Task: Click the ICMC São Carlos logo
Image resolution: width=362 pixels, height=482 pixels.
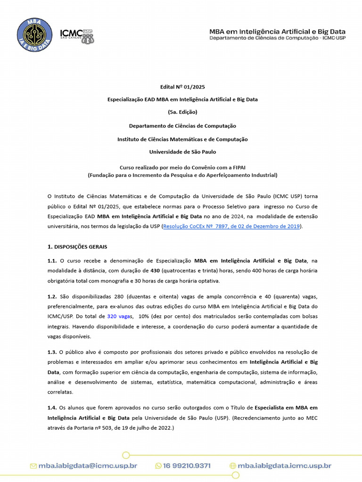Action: point(77,35)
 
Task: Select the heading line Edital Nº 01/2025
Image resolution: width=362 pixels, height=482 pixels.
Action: point(182,87)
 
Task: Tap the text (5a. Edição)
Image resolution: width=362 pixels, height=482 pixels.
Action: point(182,112)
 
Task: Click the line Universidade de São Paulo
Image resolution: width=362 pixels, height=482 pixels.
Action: point(182,152)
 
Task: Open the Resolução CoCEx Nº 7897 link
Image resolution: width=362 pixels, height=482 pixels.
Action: point(231,226)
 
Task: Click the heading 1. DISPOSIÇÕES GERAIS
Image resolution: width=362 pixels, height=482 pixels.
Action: point(81,247)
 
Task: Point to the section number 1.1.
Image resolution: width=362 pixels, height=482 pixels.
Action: point(52,260)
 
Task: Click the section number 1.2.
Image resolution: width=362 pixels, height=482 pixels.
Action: point(52,296)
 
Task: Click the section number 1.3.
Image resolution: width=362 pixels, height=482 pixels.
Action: point(52,352)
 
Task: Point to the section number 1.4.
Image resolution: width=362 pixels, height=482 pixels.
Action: point(52,407)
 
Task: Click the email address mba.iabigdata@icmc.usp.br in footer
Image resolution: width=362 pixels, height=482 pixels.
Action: point(88,466)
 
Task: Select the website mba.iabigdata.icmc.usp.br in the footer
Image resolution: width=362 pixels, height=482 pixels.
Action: point(284,466)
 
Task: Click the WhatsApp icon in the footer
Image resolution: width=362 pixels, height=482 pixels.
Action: point(158,466)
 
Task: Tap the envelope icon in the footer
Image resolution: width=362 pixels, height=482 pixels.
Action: point(33,466)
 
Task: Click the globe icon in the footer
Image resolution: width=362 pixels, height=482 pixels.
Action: point(232,466)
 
